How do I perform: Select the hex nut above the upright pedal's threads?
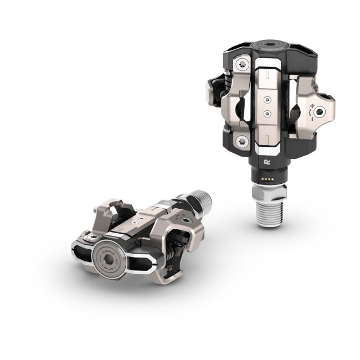click(269, 192)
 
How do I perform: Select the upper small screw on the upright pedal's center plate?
click(268, 100)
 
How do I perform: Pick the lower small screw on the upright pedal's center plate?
click(268, 114)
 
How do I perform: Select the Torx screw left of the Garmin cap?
click(88, 238)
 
